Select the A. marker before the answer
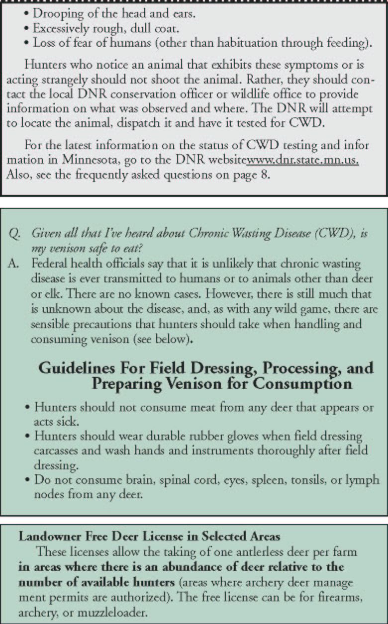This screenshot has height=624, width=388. point(14,264)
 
